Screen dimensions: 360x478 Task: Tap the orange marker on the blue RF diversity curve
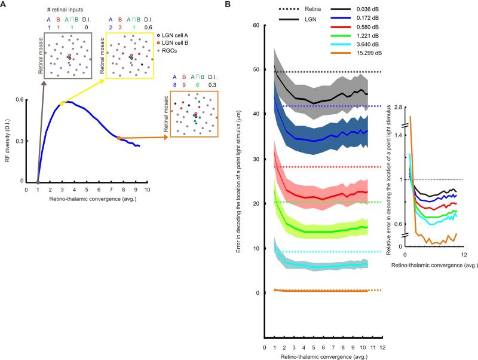click(x=119, y=138)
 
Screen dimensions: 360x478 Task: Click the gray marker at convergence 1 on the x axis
click(x=38, y=181)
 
